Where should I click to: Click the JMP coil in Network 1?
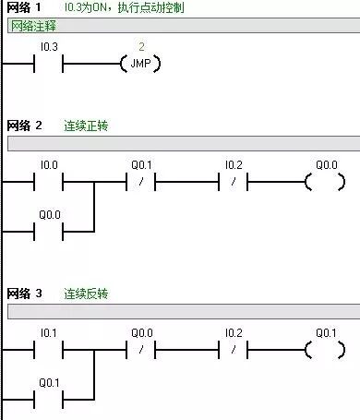click(x=140, y=64)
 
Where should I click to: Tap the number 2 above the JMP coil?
click(x=141, y=46)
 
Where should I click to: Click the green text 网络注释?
click(x=30, y=26)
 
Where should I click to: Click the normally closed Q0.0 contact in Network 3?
click(x=141, y=351)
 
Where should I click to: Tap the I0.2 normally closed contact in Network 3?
click(x=233, y=351)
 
